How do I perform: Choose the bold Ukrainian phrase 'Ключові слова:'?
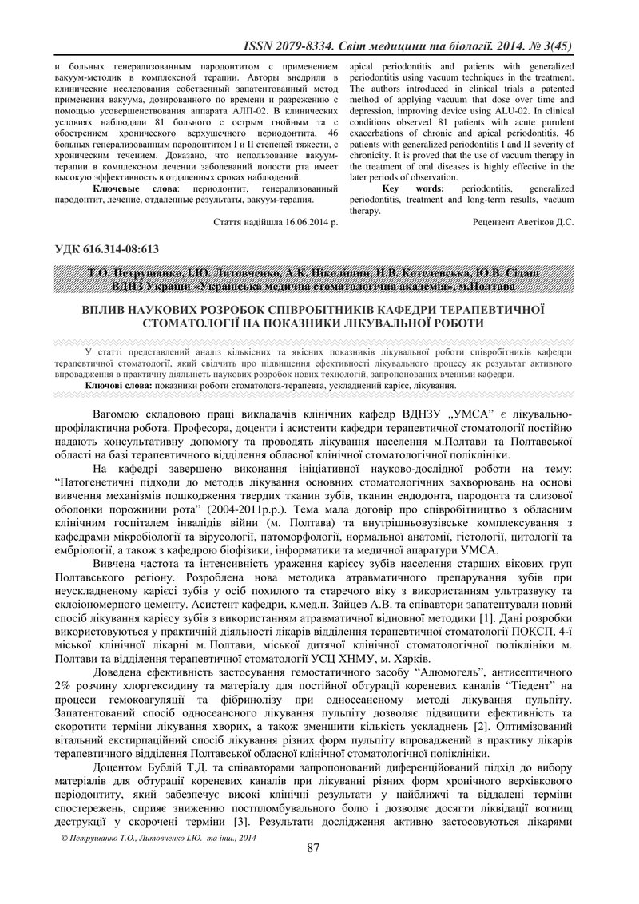point(119,385)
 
